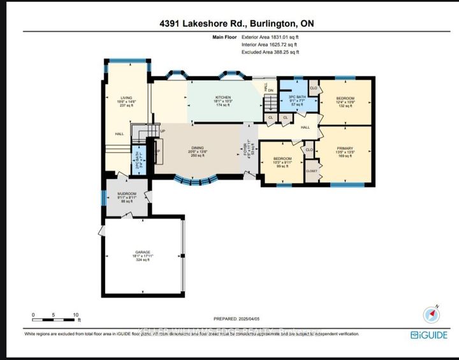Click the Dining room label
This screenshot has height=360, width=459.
(198, 152)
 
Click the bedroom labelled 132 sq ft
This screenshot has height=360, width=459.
(345, 102)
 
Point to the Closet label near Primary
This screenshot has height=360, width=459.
(311, 171)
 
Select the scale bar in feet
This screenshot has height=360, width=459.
(55, 315)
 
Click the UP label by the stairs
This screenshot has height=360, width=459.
(163, 132)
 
